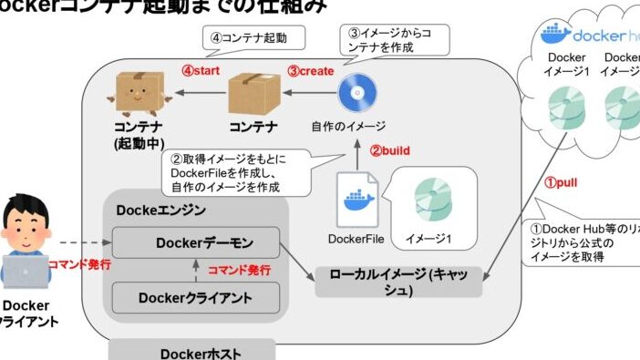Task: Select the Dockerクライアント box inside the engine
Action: coord(196,296)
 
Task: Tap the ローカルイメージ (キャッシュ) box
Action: coord(398,281)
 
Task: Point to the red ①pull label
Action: coord(562,181)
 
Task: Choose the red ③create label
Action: coord(311,69)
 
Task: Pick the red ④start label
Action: coord(199,69)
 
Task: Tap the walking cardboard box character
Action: coord(139,93)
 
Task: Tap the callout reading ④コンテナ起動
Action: coord(251,39)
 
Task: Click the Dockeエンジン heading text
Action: coord(161,210)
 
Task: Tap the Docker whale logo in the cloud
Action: coord(555,35)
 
